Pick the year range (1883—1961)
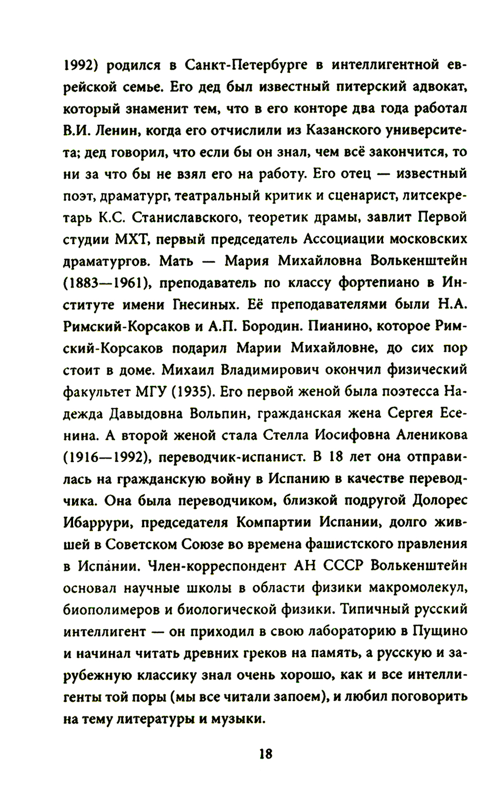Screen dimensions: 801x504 pos(107,282)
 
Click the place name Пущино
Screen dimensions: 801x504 pos(440,631)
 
